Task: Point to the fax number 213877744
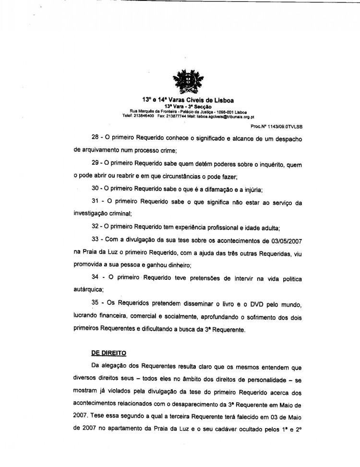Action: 179,116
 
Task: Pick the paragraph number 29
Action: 96,165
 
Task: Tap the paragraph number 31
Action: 96,203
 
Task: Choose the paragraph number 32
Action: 96,226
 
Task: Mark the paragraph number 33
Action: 96,241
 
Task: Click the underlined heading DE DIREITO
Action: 108,353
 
